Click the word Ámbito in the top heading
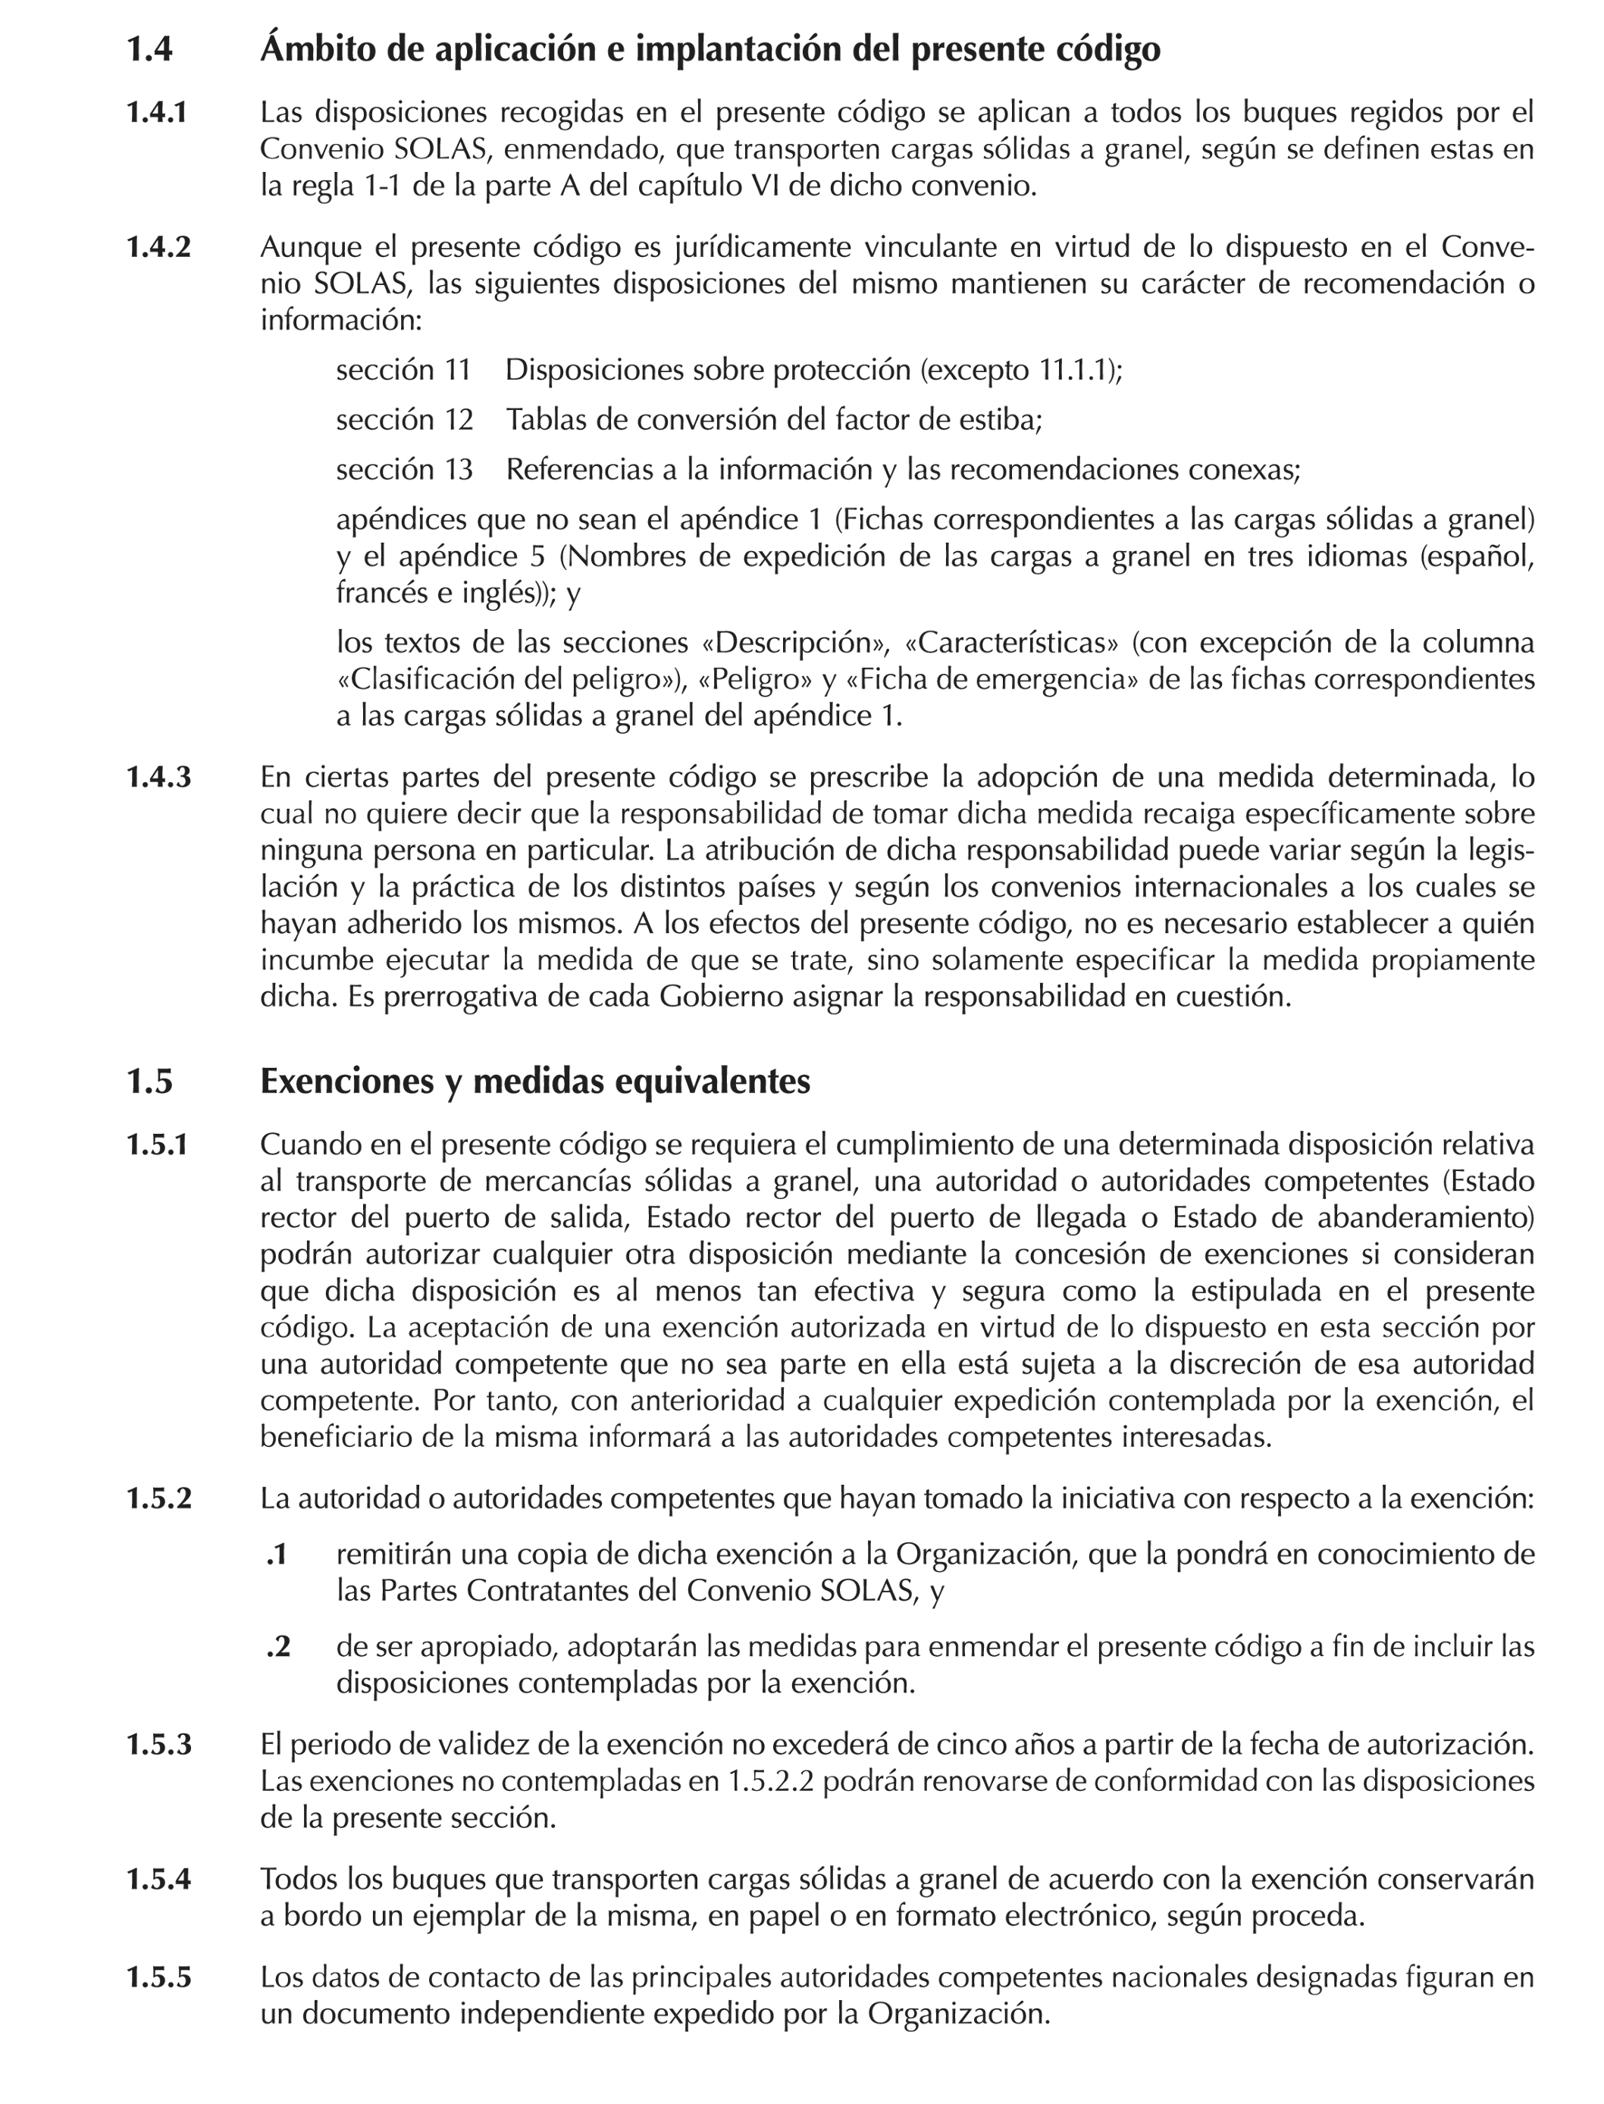click(x=316, y=49)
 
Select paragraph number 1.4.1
click(x=158, y=113)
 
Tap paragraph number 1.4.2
click(x=158, y=247)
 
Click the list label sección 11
click(x=403, y=369)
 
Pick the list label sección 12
click(x=404, y=419)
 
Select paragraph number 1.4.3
click(x=158, y=777)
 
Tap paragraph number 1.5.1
click(x=158, y=1144)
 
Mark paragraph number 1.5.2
click(x=158, y=1498)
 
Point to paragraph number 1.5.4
click(x=158, y=1879)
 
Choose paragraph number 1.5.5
click(x=158, y=1977)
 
